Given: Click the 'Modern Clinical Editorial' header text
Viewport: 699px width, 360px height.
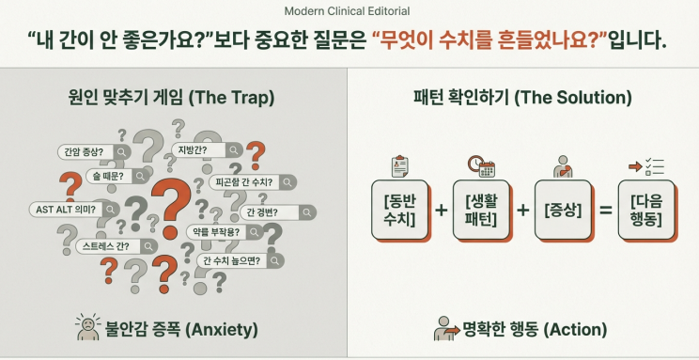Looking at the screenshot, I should coord(349,11).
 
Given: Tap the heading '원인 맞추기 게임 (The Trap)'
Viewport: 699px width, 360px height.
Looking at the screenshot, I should coord(174,98).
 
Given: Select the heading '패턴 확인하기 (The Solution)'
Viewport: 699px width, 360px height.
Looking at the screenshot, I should coord(522,98).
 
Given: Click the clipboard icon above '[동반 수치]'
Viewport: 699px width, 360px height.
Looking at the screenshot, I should coord(399,166).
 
